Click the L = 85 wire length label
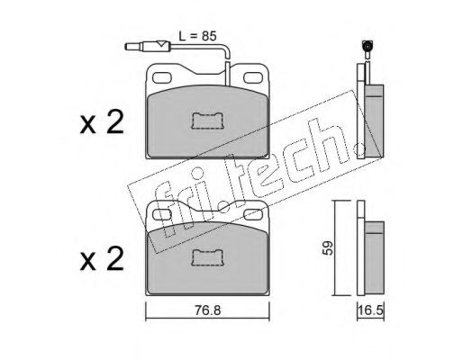coord(197,36)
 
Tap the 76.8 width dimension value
coord(208,310)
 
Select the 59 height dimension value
coord(328,247)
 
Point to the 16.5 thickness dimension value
coord(370,310)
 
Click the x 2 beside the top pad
coord(102,122)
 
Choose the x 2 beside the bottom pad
coord(102,259)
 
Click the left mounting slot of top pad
coord(163,77)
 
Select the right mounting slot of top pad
coord(253,77)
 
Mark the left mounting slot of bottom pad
coord(162,214)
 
